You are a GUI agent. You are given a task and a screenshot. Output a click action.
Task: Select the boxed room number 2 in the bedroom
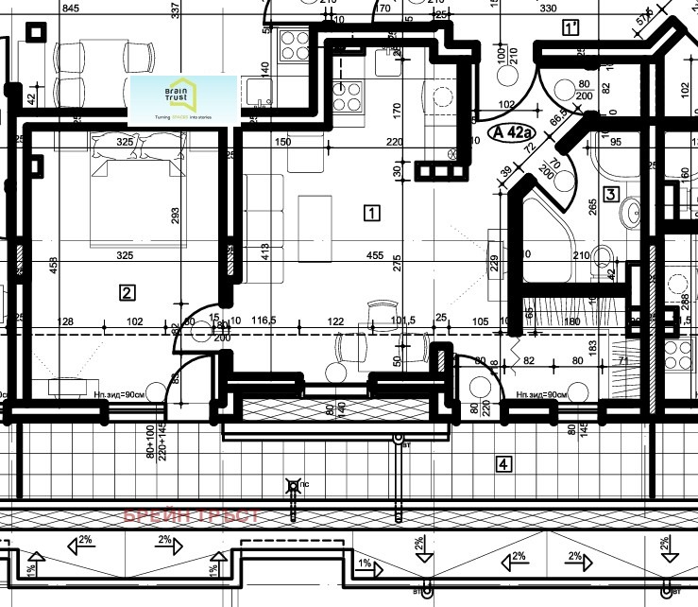point(127,292)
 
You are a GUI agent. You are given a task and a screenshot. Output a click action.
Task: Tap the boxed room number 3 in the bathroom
point(610,196)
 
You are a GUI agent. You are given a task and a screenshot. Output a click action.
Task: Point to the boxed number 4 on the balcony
point(504,463)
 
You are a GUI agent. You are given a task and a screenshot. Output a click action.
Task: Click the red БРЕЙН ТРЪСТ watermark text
point(202,516)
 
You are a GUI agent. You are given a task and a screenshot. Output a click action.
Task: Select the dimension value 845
point(70,9)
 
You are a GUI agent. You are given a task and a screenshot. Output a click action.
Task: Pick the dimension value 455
point(374,255)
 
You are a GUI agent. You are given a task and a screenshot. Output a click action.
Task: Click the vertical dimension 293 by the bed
point(175,217)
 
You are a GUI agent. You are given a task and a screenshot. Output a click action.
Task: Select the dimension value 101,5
point(401,321)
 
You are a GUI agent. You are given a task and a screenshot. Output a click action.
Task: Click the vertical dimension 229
point(494,263)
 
